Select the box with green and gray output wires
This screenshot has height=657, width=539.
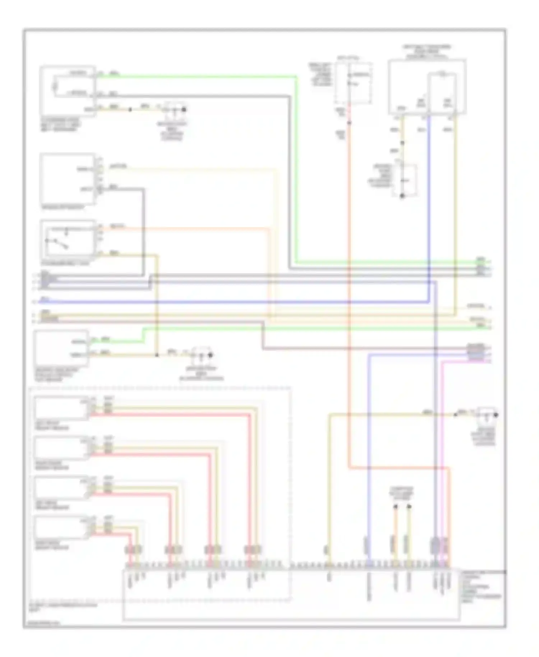pos(68,91)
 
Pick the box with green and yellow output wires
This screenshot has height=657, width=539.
pos(61,347)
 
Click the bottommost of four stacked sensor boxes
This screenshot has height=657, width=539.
pos(61,527)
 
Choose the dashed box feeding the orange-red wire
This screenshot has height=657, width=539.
pos(353,83)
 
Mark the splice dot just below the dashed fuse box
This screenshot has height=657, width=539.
pos(349,123)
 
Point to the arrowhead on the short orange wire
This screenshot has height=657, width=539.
pos(395,507)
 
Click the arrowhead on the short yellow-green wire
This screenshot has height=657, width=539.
pos(409,507)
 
